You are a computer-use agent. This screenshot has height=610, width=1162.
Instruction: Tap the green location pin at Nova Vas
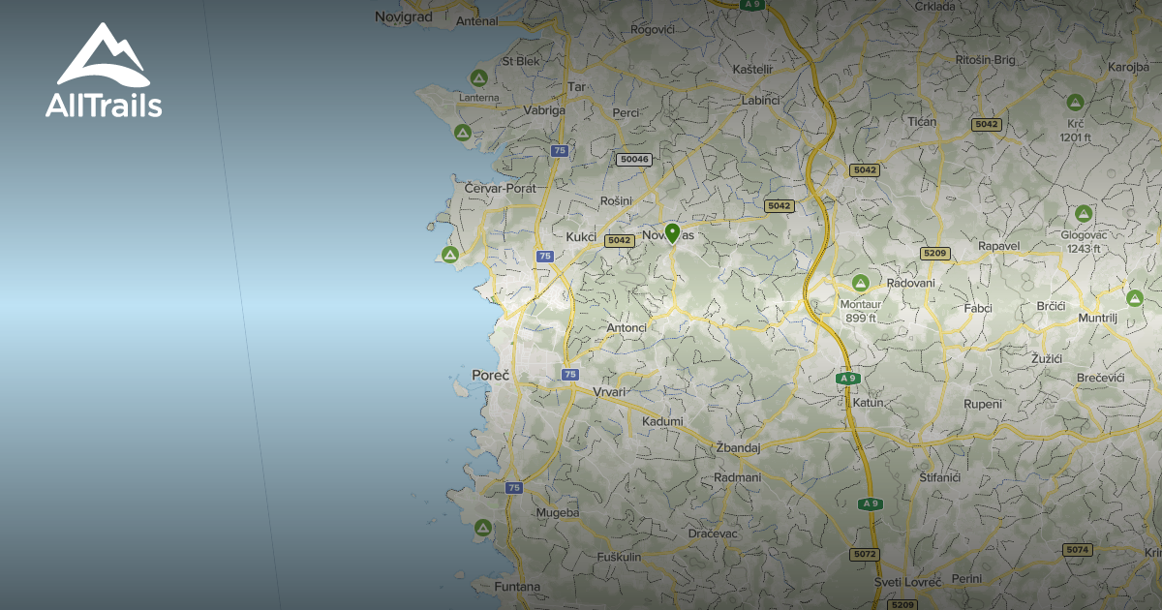coord(672,232)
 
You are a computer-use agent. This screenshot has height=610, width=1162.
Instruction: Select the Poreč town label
coord(490,375)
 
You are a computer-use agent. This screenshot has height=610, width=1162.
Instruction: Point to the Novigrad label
coord(405,16)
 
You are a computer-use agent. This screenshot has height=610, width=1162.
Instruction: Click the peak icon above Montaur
coord(859,283)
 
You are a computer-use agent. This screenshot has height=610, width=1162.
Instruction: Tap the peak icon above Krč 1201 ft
coord(1074,102)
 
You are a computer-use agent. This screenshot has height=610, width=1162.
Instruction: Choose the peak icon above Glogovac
coord(1083,213)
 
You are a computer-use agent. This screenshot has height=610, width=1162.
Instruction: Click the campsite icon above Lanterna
coord(477,77)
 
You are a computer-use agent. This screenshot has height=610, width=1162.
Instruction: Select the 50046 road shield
coord(633,159)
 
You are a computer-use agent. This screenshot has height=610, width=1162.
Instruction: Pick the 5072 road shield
coord(864,554)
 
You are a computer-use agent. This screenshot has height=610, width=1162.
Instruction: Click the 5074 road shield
coord(1077,549)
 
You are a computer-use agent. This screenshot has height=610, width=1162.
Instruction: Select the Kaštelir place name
coord(752,70)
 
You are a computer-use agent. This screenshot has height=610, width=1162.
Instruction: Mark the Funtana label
coord(516,587)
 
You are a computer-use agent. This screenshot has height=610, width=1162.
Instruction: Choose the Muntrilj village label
coord(1097,318)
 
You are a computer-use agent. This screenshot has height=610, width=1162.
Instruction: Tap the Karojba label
coord(1128,68)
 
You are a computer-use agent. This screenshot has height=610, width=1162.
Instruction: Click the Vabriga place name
coord(544,110)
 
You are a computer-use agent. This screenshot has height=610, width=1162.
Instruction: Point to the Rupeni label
coord(982,404)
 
